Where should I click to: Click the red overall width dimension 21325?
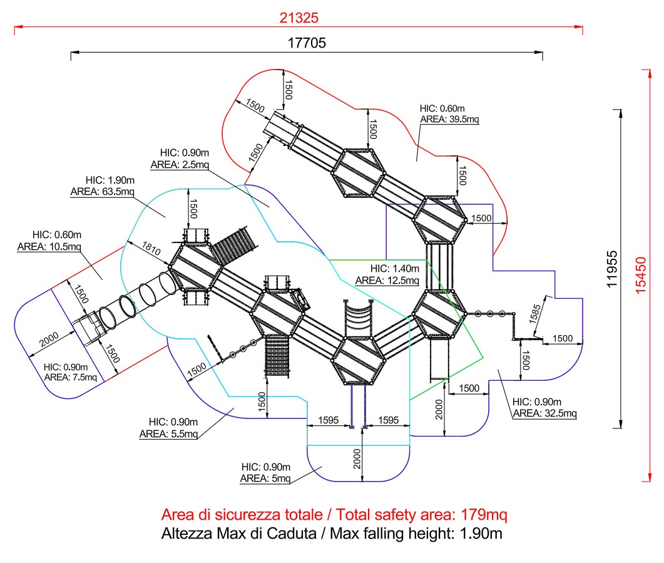pos(299,18)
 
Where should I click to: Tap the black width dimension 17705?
pos(307,43)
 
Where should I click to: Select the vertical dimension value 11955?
pos(612,269)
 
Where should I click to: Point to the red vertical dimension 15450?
pos(641,276)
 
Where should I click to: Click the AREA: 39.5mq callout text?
pos(449,119)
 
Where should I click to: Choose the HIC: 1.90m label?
pos(110,180)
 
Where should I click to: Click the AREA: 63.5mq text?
pos(102,192)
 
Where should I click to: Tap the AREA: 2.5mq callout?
pos(180,164)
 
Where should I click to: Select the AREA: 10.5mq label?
pos(49,247)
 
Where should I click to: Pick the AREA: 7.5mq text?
pos(71,377)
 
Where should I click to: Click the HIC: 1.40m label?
pos(395,269)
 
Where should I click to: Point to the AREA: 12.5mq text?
pos(387,281)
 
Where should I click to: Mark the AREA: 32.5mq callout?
pos(544,413)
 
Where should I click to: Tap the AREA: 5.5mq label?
pos(168,434)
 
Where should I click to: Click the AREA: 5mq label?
pos(265,478)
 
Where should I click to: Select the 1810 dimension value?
pos(151,248)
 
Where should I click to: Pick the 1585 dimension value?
pos(535,314)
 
